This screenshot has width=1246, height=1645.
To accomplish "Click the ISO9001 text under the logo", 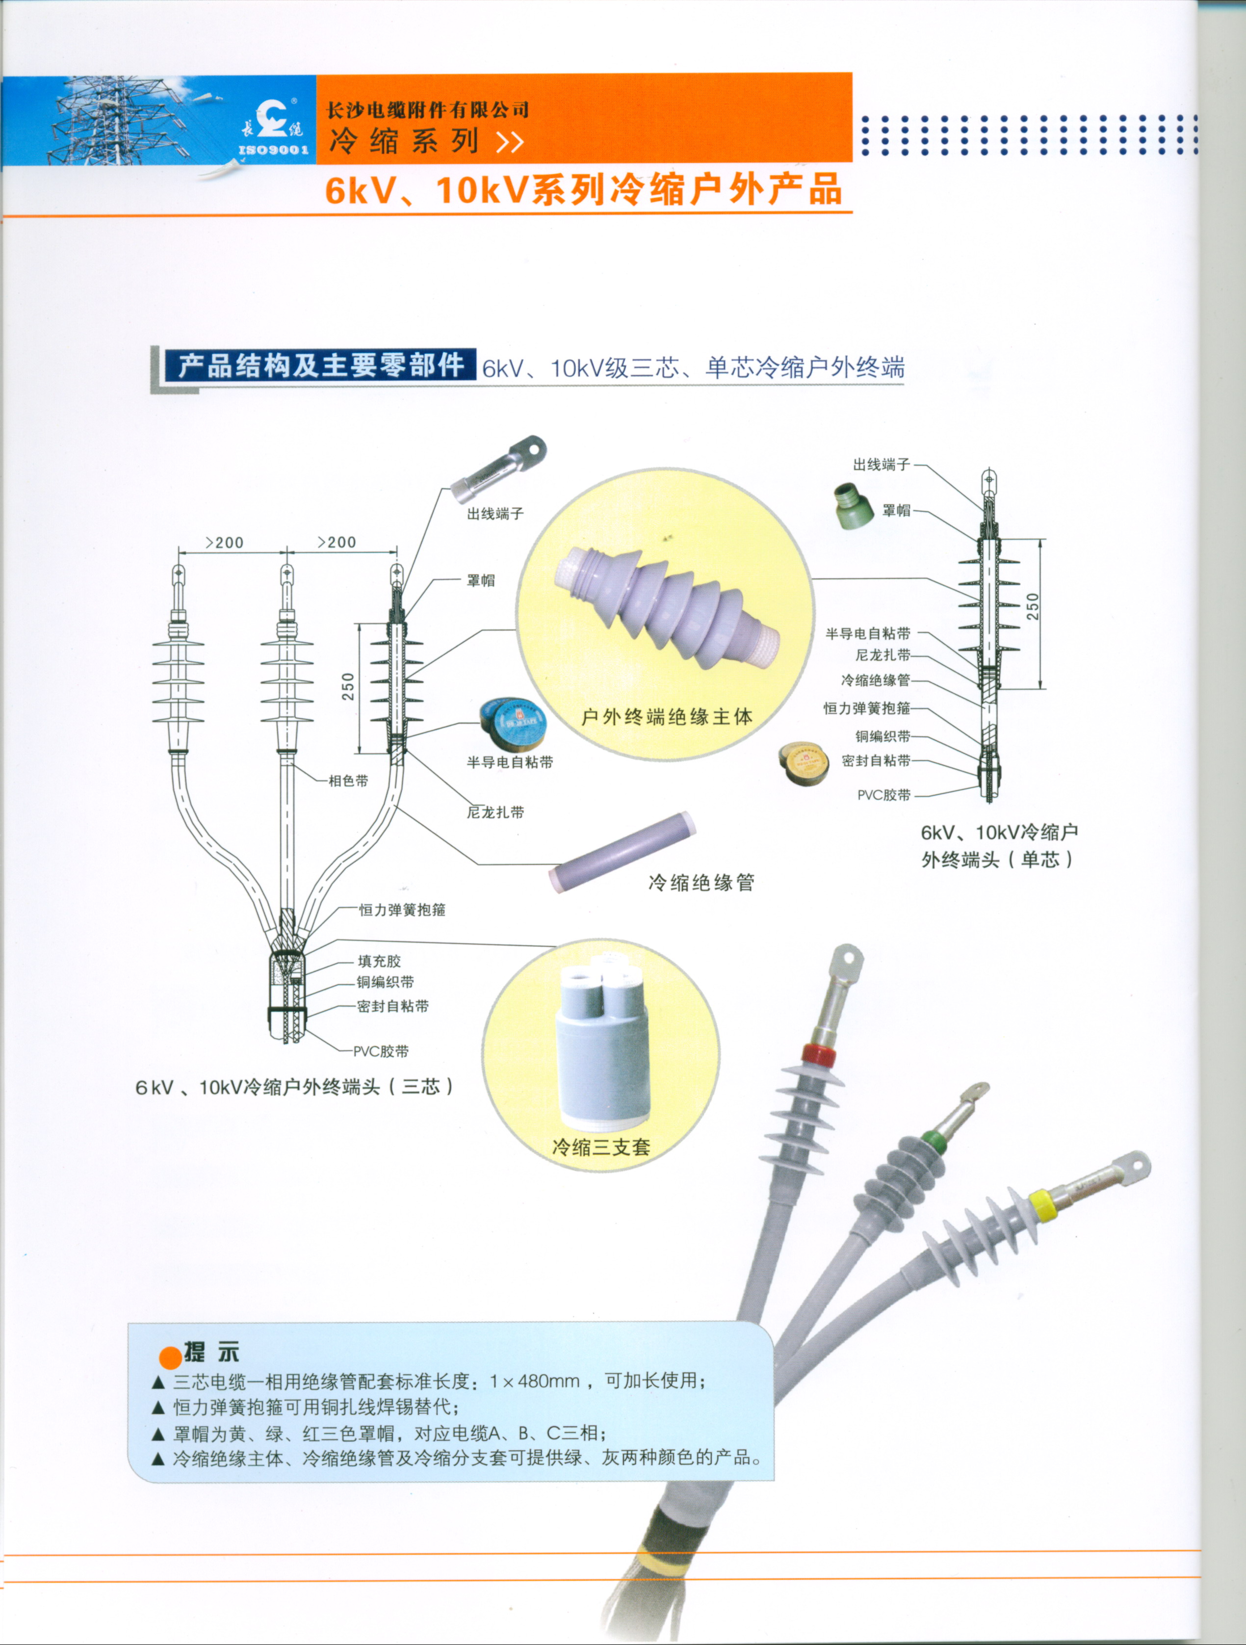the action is click(274, 150).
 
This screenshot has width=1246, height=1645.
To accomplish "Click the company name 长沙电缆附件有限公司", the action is click(427, 110).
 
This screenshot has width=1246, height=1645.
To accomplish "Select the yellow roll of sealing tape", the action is click(805, 763).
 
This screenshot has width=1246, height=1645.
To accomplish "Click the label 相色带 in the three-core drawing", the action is click(348, 781).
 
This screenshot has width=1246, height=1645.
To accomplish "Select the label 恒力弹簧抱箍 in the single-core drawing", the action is click(867, 708).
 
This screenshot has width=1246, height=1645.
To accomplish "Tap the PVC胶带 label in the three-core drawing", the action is click(381, 1051).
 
